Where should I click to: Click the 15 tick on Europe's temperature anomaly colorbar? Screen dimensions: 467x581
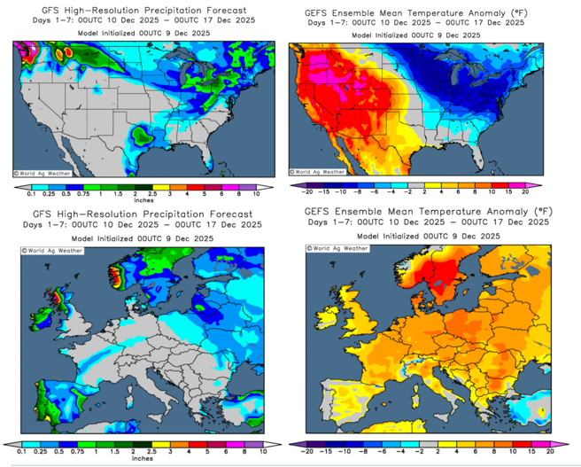click(535, 452)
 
